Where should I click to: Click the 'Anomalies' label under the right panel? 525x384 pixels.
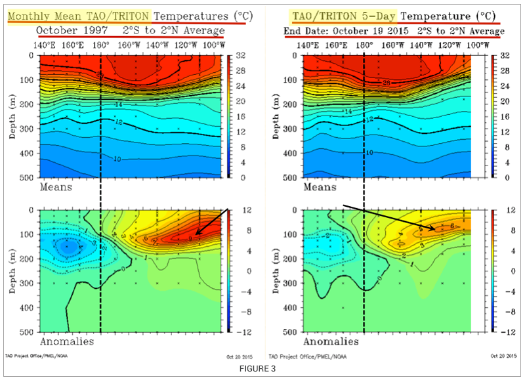329,341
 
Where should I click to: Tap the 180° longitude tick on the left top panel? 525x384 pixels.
101,44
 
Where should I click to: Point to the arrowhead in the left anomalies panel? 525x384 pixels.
197,235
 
